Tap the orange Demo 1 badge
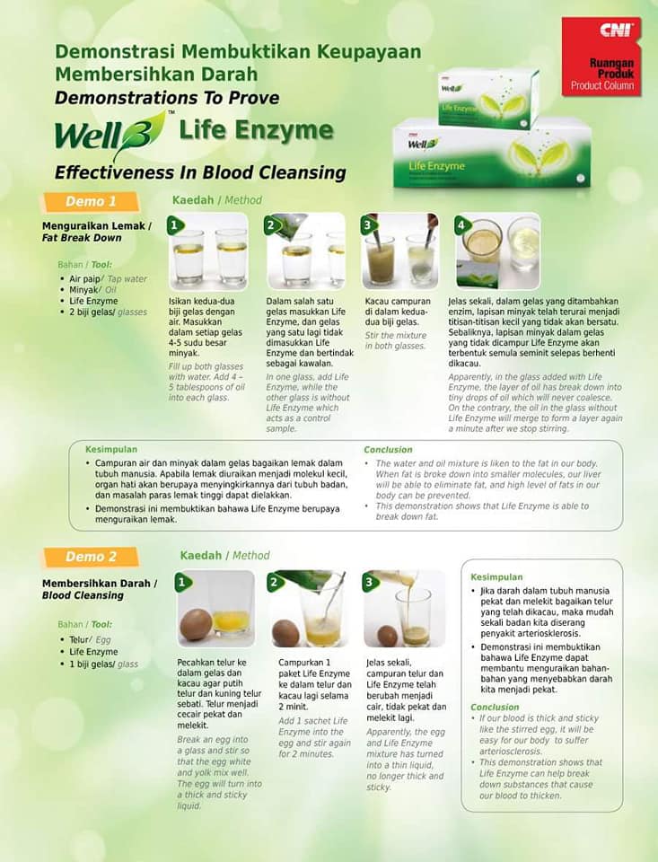[x=91, y=201]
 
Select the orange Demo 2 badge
[x=91, y=557]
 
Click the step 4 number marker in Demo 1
[x=462, y=224]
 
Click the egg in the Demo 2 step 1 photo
[x=197, y=625]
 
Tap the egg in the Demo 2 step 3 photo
[x=387, y=636]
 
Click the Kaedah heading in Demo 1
[x=193, y=200]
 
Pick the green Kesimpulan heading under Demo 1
[x=111, y=449]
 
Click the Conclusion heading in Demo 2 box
[x=495, y=707]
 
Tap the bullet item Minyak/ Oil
[x=92, y=290]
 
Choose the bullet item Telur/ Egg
[x=90, y=639]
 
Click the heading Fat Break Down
[x=82, y=237]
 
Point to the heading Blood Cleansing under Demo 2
[x=83, y=595]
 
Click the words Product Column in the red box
[x=602, y=85]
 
